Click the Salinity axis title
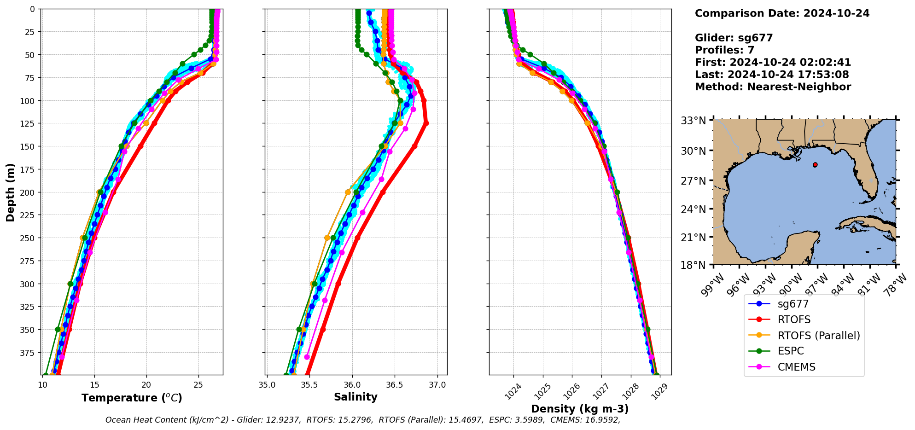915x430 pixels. click(356, 397)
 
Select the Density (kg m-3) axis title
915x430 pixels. click(580, 409)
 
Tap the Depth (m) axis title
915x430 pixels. click(10, 192)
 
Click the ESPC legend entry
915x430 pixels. click(790, 351)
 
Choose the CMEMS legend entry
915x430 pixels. click(796, 367)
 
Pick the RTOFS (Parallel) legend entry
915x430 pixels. click(818, 336)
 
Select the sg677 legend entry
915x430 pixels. click(793, 304)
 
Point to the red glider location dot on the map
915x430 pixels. click(815, 165)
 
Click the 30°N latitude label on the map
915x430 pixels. click(694, 151)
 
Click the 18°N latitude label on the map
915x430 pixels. click(694, 265)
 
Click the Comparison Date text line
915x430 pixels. click(782, 13)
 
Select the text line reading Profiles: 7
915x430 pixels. click(724, 50)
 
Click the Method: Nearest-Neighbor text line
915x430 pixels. click(773, 87)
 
